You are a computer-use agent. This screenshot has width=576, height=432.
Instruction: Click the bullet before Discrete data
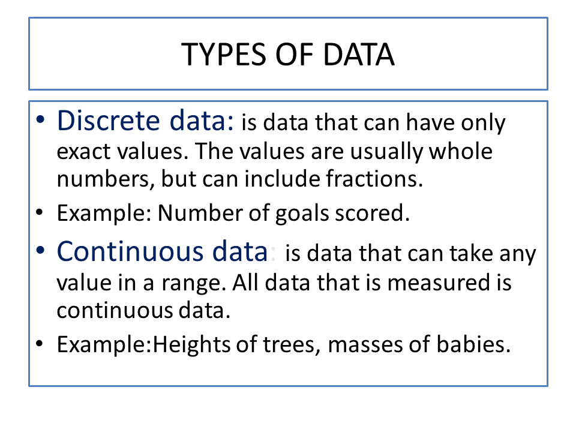click(x=40, y=121)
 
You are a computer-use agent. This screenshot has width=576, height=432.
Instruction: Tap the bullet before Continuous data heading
click(x=40, y=251)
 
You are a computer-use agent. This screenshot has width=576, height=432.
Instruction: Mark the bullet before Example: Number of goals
click(x=40, y=213)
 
